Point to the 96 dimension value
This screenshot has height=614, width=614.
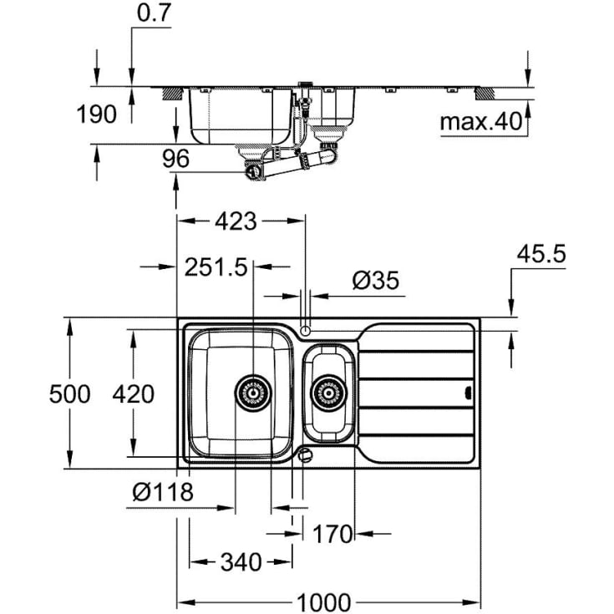click(176, 157)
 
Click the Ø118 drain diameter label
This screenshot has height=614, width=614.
click(163, 491)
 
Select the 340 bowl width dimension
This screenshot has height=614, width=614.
click(241, 561)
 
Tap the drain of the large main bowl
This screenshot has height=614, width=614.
click(253, 391)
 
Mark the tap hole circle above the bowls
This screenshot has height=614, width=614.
click(306, 329)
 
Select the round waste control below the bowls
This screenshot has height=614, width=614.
click(306, 455)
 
